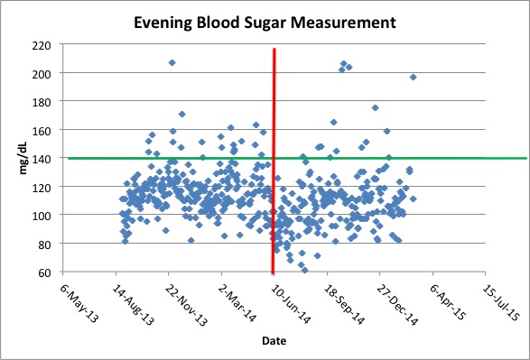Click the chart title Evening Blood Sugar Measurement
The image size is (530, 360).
[265, 21]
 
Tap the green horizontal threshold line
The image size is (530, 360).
[406, 158]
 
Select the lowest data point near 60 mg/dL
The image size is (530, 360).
[304, 270]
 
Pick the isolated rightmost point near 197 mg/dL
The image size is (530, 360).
[413, 77]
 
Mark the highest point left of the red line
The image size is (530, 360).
[172, 62]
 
